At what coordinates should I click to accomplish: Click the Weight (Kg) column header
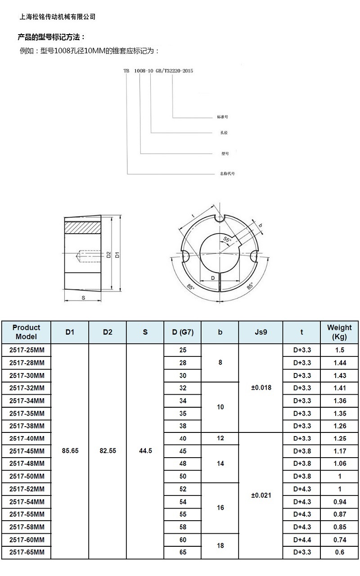pyautogui.click(x=339, y=332)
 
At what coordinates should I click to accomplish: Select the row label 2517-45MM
pyautogui.click(x=27, y=451)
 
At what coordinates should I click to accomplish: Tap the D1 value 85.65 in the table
pyautogui.click(x=70, y=451)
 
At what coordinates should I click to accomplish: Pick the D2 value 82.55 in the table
pyautogui.click(x=108, y=451)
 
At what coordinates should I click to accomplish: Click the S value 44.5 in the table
pyautogui.click(x=145, y=451)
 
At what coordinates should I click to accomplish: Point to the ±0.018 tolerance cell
pyautogui.click(x=261, y=387)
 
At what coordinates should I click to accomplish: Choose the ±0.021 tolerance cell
pyautogui.click(x=261, y=495)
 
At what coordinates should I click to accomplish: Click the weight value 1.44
pyautogui.click(x=340, y=363)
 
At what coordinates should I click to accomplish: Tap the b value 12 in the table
pyautogui.click(x=220, y=438)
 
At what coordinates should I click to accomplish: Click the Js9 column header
pyautogui.click(x=261, y=332)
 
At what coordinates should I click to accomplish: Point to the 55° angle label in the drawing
pyautogui.click(x=227, y=240)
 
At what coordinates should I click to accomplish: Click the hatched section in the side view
pyautogui.click(x=82, y=228)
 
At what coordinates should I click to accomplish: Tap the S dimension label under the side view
pyautogui.click(x=83, y=298)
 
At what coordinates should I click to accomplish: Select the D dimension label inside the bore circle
pyautogui.click(x=213, y=278)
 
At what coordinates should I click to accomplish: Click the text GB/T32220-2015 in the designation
pyautogui.click(x=174, y=71)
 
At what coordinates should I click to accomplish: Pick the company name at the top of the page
pyautogui.click(x=57, y=17)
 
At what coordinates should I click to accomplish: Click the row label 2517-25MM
pyautogui.click(x=27, y=350)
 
